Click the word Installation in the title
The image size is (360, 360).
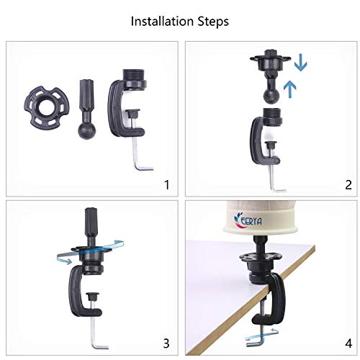click(163, 21)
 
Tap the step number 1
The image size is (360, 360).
click(167, 185)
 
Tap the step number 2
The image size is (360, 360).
click(348, 185)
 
